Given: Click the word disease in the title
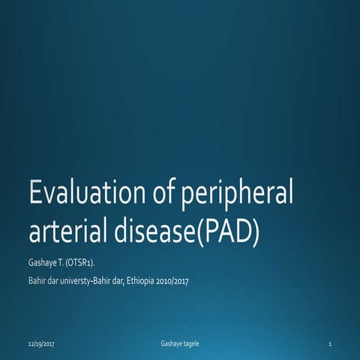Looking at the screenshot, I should (x=148, y=232).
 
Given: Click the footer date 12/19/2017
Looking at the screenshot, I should (x=41, y=343).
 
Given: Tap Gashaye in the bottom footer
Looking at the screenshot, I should (x=172, y=343).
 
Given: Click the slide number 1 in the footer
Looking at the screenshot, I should (x=330, y=343).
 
